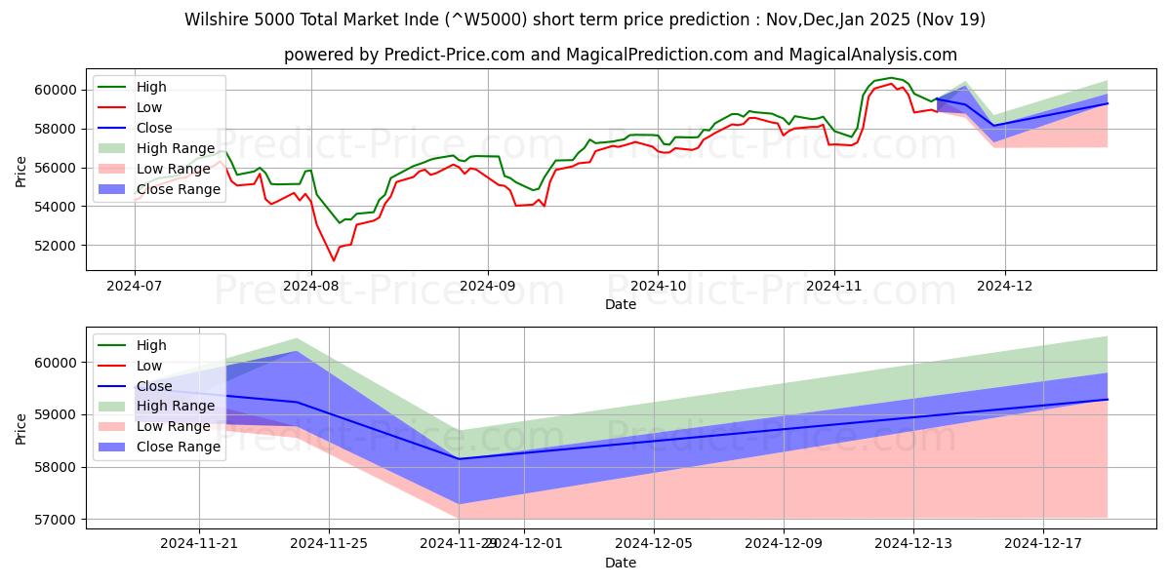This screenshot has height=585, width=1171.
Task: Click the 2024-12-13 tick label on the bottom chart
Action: coord(913,543)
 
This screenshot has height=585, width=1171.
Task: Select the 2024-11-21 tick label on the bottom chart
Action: coord(199,543)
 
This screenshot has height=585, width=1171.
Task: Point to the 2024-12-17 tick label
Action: coord(1043,543)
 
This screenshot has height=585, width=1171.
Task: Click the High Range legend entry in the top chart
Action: coord(176,148)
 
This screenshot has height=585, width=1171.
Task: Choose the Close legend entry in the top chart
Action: coord(154,128)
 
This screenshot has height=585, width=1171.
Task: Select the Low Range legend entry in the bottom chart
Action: coord(174,426)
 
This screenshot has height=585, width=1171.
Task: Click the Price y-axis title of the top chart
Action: coord(21,171)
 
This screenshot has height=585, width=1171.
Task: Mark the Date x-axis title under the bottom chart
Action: coord(621,563)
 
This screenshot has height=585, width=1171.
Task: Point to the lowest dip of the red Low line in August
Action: coord(333,260)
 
